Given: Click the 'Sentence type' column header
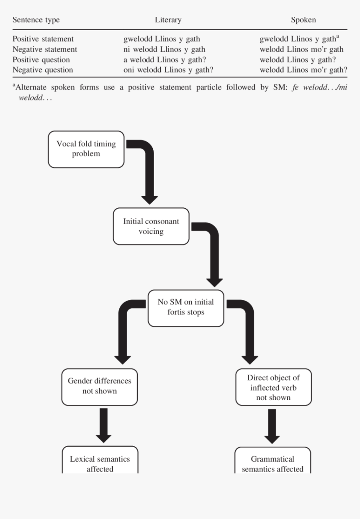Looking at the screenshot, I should tap(36, 20).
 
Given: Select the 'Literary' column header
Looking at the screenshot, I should tap(168, 20).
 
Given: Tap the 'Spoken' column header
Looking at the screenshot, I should tap(303, 20).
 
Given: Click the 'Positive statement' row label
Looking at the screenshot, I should tap(43, 39).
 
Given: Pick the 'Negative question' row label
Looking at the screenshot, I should tap(43, 70).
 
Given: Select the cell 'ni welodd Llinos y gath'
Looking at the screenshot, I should tap(164, 49).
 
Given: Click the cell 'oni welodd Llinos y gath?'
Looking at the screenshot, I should tap(168, 70).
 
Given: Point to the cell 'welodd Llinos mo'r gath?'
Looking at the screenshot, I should tap(303, 70).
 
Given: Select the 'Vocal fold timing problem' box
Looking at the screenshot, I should tap(86, 149).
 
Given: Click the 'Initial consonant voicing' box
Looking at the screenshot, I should tap(151, 226).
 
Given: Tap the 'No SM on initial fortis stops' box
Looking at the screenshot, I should tap(186, 307).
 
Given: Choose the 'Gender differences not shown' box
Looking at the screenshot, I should tap(100, 386).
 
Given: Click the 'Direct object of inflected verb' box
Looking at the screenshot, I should tap(273, 387).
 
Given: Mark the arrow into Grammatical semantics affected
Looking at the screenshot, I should tap(273, 426).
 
